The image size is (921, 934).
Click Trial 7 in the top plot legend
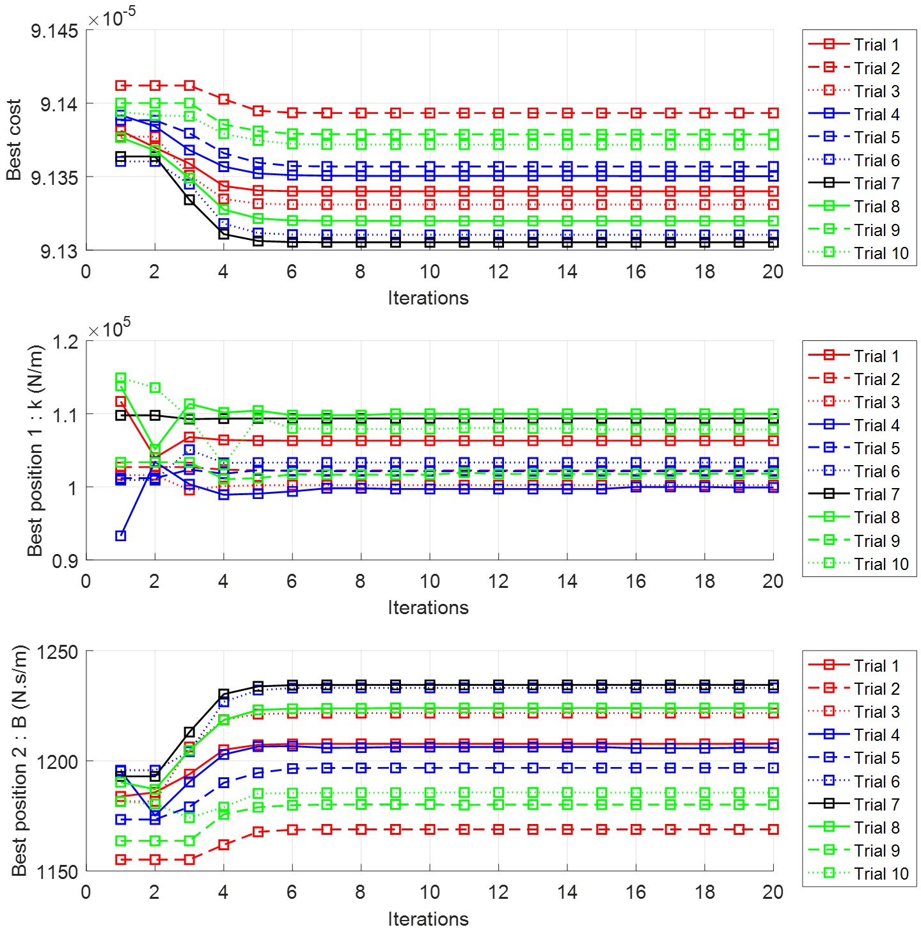pos(876,184)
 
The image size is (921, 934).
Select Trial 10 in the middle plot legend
pos(881,564)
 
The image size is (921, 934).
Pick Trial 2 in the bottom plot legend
pos(876,689)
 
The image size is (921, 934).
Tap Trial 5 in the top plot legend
pos(876,138)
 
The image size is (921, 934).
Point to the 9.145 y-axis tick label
pos(54,31)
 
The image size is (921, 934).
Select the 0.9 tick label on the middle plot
pos(65,561)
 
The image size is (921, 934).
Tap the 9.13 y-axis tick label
pos(59,251)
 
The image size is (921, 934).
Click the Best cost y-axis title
pos(14,139)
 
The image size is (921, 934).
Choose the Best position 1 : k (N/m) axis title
pos(35,450)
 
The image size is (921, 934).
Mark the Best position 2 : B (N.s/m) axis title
pos(20,761)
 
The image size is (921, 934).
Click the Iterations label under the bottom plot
pos(428,919)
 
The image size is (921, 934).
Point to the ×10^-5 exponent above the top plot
pos(112,18)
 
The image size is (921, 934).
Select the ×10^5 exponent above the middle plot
pos(109,329)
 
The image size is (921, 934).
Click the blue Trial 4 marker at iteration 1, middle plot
pos(120,535)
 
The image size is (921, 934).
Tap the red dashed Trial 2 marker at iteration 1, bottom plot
pos(120,859)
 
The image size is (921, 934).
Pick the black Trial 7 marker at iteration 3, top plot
pos(189,200)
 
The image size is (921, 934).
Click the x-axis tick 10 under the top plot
pos(429,272)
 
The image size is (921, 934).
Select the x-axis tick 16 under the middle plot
pos(636,582)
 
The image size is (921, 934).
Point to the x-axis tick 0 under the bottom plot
pos(86,892)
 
